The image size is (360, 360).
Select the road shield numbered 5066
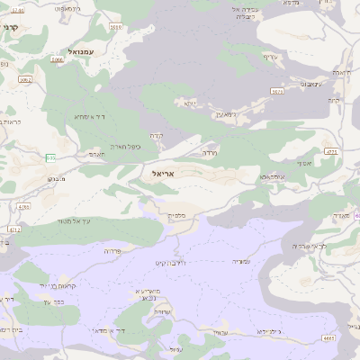coord(58,59)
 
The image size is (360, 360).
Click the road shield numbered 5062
coord(25,79)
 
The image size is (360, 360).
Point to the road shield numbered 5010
coord(116,28)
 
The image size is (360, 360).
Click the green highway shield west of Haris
coord(50,158)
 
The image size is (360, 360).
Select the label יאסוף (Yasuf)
coord(302,164)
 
